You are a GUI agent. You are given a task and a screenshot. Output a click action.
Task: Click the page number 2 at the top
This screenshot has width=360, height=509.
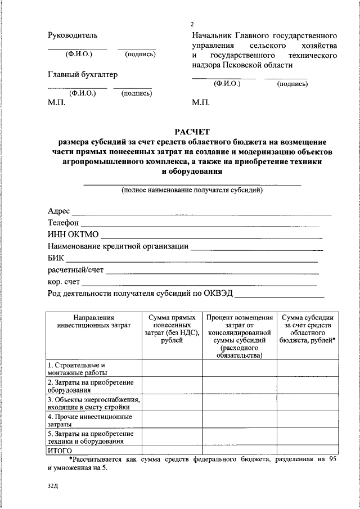click(x=192, y=24)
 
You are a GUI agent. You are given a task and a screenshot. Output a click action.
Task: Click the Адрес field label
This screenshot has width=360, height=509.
click(x=59, y=211)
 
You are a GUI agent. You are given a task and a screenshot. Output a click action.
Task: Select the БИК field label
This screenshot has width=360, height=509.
click(x=56, y=258)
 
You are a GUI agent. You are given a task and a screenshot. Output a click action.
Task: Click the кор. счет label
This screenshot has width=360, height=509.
click(x=64, y=282)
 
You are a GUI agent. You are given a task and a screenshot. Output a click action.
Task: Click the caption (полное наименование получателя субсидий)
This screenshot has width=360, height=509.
click(x=192, y=190)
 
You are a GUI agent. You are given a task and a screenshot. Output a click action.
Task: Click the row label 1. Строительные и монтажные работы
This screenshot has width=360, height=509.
click(x=77, y=368)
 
